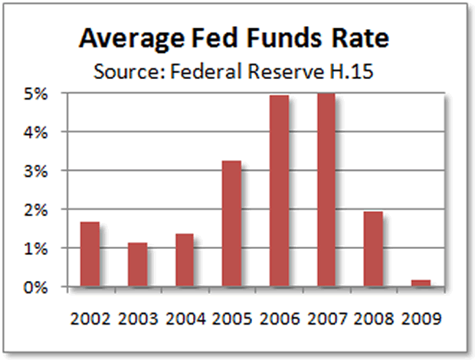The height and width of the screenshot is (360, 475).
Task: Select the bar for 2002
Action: [90, 254]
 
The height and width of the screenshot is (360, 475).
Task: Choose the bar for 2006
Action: [279, 191]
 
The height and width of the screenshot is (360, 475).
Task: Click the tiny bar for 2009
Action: [420, 283]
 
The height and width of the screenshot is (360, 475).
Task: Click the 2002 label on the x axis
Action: [90, 316]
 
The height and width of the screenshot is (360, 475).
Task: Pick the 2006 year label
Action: [279, 316]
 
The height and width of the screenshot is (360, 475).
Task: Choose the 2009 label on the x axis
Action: [421, 316]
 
